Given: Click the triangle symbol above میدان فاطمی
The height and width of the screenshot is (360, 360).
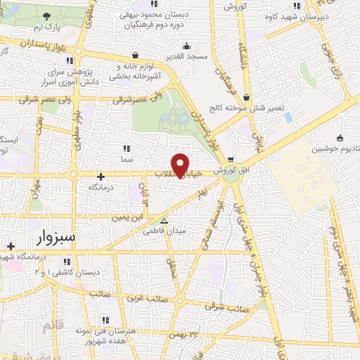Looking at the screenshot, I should coord(165,220).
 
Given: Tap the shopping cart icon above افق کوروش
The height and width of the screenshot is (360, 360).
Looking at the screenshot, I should coord(231,159).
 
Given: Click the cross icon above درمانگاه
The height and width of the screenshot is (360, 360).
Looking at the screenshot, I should coord(101,176).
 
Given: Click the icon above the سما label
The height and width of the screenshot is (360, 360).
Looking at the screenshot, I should coord(127,148).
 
